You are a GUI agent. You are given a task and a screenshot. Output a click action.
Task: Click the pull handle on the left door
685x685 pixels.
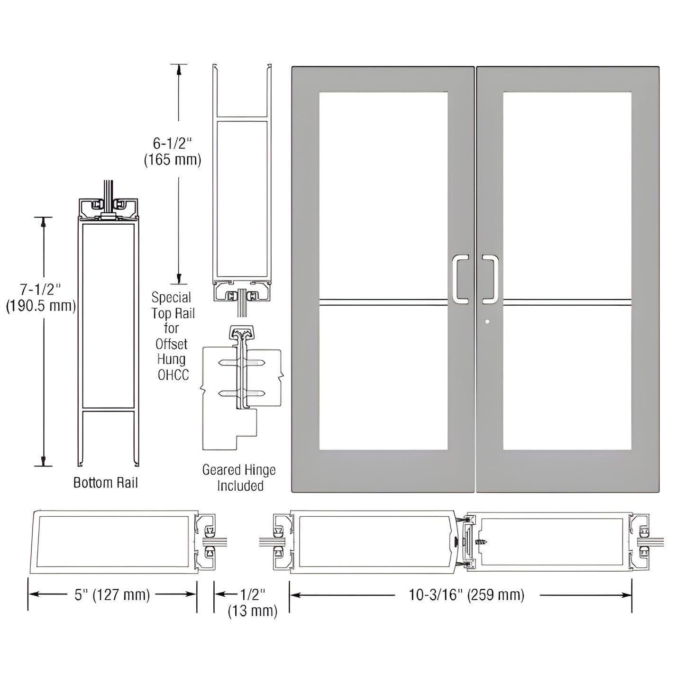pyautogui.click(x=460, y=279)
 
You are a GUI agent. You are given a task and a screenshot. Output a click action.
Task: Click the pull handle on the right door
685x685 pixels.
pyautogui.click(x=491, y=279)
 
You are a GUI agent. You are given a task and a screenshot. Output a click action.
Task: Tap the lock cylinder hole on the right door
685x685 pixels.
pyautogui.click(x=488, y=321)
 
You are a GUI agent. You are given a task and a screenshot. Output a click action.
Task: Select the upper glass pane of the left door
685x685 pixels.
pyautogui.click(x=383, y=194)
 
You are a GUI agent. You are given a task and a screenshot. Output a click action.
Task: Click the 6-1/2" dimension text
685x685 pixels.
pyautogui.click(x=172, y=143)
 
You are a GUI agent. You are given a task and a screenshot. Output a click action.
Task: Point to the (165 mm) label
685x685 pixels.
pyautogui.click(x=172, y=160)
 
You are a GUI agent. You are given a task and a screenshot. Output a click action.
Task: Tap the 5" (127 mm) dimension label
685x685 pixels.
pyautogui.click(x=112, y=594)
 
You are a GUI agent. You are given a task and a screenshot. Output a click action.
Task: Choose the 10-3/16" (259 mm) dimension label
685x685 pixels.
pyautogui.click(x=466, y=594)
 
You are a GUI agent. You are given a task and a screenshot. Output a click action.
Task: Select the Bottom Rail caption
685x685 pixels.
pyautogui.click(x=106, y=483)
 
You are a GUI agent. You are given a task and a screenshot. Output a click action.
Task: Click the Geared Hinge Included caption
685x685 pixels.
pyautogui.click(x=239, y=478)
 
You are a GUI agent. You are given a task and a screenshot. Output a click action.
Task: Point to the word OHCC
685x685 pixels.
pyautogui.click(x=173, y=375)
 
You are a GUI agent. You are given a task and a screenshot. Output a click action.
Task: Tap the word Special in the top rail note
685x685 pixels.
pyautogui.click(x=171, y=298)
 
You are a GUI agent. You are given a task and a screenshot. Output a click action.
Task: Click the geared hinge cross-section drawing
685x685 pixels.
pyautogui.click(x=241, y=384)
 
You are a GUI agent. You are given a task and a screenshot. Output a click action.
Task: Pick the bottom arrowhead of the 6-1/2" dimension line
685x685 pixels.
pyautogui.click(x=179, y=278)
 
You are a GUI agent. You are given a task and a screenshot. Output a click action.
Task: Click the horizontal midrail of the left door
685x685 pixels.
pyautogui.click(x=383, y=300)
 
